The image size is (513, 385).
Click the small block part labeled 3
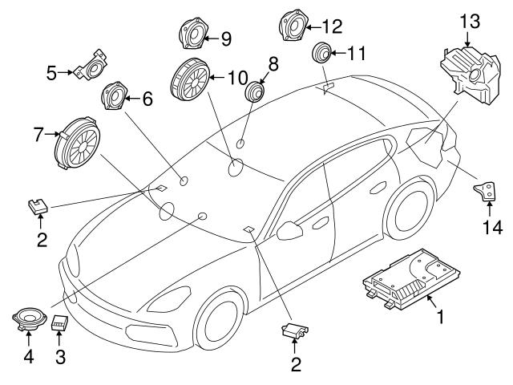59,323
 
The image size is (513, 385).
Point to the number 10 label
238,78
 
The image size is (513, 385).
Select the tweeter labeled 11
323,53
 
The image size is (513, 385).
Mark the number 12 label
331,26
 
